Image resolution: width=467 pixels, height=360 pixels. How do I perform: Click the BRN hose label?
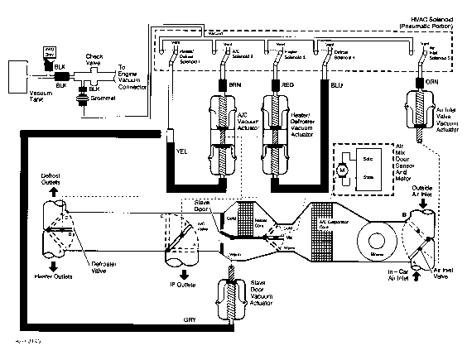[x=225, y=84]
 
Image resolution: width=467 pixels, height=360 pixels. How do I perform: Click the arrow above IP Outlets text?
[x=182, y=274]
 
